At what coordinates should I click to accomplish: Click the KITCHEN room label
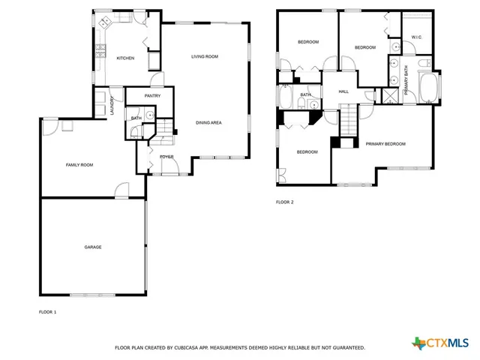coord(125,58)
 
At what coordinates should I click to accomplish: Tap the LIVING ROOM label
coord(204,56)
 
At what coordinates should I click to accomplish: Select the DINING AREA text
coord(208,122)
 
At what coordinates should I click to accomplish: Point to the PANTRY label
coord(152,96)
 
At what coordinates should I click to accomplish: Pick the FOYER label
coord(166,156)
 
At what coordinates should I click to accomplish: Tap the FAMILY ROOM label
coord(79,164)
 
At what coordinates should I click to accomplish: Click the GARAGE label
coord(92,247)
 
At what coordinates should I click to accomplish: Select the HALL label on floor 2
coord(343,91)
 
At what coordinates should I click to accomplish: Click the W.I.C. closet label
coord(417,37)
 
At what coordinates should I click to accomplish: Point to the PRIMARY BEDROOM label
coord(385,143)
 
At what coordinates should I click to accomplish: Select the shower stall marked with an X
coord(390,95)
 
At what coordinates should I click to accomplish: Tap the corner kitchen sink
coord(103,21)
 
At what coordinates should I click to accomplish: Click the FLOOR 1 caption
coord(47,310)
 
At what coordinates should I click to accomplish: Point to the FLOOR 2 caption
coord(284,202)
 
